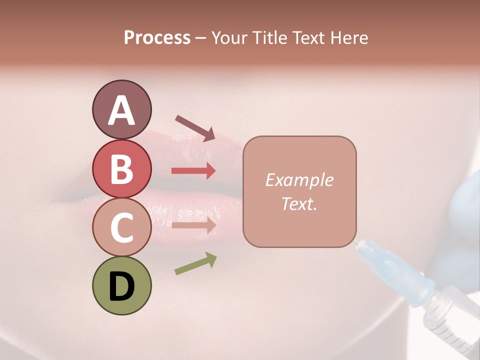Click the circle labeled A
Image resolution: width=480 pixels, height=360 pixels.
tap(121, 109)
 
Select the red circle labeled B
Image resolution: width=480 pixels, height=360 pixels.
tap(121, 168)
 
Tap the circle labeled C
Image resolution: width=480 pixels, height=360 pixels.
tap(121, 227)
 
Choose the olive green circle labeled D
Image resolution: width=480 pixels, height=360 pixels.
tap(121, 286)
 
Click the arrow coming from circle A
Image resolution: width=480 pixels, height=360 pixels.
tap(195, 127)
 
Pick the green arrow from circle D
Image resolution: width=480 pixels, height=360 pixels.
tap(195, 263)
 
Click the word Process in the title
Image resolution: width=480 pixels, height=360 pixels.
tap(157, 38)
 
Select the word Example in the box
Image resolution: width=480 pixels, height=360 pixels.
tap(299, 180)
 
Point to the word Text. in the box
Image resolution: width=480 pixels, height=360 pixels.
tap(299, 203)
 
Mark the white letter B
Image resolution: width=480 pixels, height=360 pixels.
tap(121, 169)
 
